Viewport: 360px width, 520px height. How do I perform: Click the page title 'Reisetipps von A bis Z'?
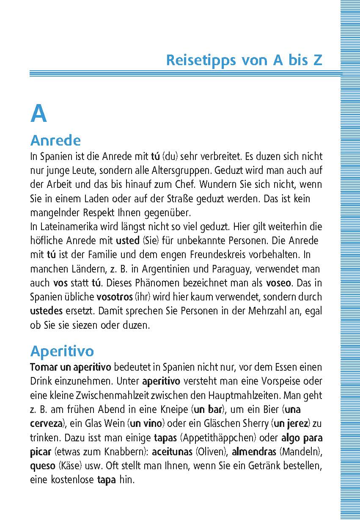click(x=244, y=60)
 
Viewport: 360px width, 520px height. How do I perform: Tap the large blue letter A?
click(x=38, y=114)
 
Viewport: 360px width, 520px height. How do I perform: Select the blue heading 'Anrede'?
click(x=55, y=140)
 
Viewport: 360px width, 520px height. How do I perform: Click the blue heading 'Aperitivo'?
click(x=62, y=351)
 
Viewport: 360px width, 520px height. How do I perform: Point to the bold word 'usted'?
click(x=127, y=241)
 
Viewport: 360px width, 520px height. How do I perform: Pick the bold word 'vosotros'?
click(x=115, y=297)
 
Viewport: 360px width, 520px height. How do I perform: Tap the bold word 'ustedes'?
click(x=46, y=311)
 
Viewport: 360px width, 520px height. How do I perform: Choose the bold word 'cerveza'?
click(x=46, y=424)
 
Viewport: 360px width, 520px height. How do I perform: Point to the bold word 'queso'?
click(x=43, y=466)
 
